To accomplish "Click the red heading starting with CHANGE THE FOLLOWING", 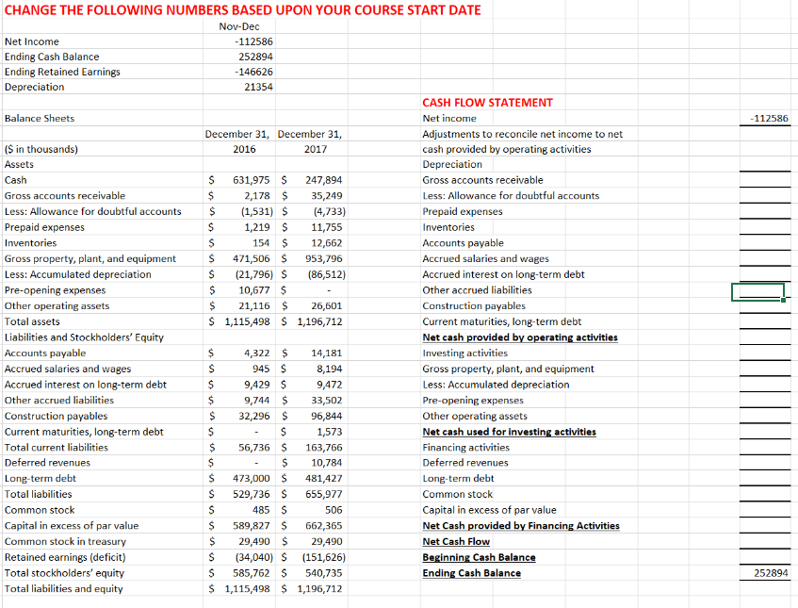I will tap(243, 9).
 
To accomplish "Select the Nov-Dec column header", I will tap(239, 25).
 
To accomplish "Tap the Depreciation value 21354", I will tap(252, 87).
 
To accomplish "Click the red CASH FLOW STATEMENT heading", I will tap(487, 103).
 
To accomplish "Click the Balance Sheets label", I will tap(40, 118).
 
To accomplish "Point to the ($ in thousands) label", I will tap(41, 149).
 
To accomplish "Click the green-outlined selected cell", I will tap(757, 292).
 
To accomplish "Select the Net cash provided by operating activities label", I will tap(520, 337).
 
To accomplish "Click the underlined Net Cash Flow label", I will tap(456, 542).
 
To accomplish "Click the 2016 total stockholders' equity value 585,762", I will tap(251, 573).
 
